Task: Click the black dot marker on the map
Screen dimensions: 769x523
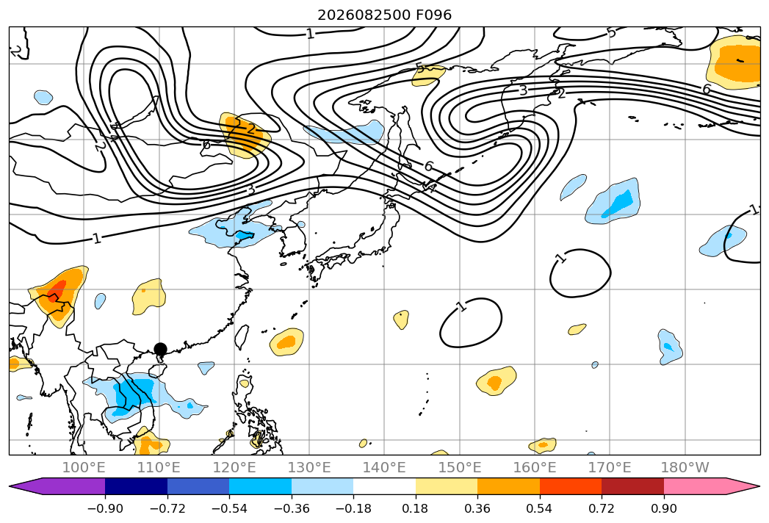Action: point(160,349)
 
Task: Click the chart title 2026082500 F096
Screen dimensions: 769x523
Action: point(385,15)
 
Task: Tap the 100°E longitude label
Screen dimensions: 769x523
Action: point(84,467)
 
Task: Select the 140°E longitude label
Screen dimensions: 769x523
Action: point(385,467)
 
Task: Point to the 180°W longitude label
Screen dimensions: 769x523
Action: point(685,467)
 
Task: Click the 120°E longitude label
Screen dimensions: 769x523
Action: point(234,467)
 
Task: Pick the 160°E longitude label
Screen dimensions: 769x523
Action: point(535,467)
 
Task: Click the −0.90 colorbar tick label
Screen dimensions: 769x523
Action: point(105,508)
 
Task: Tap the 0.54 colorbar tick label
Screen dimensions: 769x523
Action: point(540,508)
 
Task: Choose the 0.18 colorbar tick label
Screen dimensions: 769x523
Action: point(416,508)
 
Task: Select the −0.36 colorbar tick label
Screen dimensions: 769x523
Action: point(292,508)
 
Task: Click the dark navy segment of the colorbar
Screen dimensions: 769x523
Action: point(137,486)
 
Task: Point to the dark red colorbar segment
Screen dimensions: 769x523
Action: point(632,486)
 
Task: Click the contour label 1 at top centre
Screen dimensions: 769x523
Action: point(310,33)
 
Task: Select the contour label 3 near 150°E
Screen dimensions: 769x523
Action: point(523,90)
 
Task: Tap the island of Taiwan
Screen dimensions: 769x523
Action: point(242,337)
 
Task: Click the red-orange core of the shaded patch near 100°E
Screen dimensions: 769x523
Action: point(57,289)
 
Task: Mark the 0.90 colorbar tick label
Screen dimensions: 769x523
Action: point(663,508)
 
